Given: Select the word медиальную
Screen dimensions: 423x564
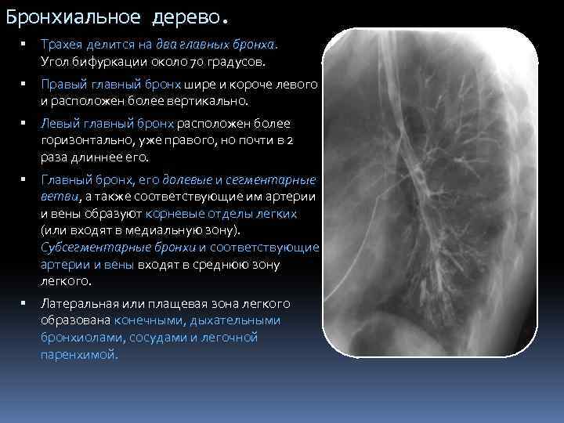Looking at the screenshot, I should [x=157, y=230].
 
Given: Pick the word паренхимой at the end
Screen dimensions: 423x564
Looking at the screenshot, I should [x=78, y=355].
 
